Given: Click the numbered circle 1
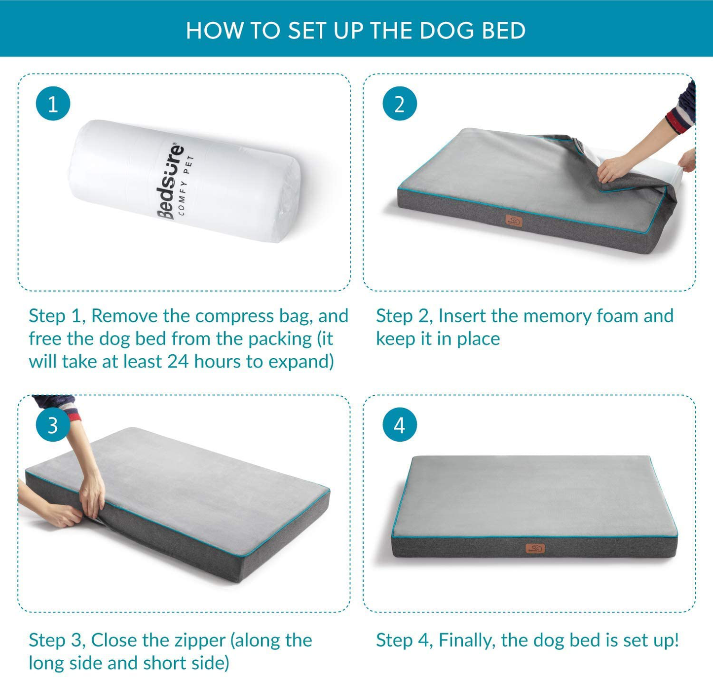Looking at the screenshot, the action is [x=53, y=104].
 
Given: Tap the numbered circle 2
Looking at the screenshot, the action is [x=400, y=104].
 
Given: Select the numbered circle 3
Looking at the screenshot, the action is [x=53, y=424].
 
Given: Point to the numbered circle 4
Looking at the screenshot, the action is [x=400, y=424].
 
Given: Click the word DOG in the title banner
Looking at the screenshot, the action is [x=447, y=31].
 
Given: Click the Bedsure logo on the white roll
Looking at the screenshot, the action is [x=170, y=181].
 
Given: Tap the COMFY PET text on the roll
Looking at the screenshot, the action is [x=186, y=185].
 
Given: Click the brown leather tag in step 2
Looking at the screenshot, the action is [x=514, y=221].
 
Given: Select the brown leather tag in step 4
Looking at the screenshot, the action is [x=535, y=548].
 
